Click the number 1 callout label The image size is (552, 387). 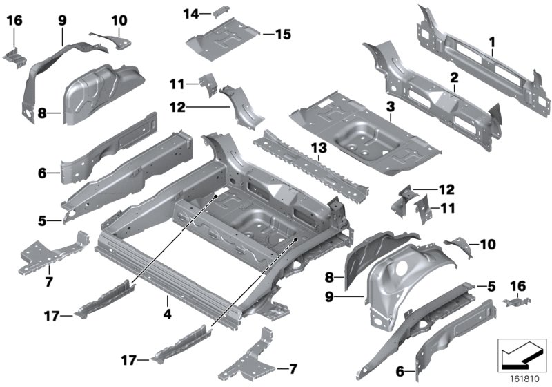click(x=491, y=42)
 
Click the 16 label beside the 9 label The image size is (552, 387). click(x=14, y=21)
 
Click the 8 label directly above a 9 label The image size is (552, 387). click(x=329, y=277)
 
